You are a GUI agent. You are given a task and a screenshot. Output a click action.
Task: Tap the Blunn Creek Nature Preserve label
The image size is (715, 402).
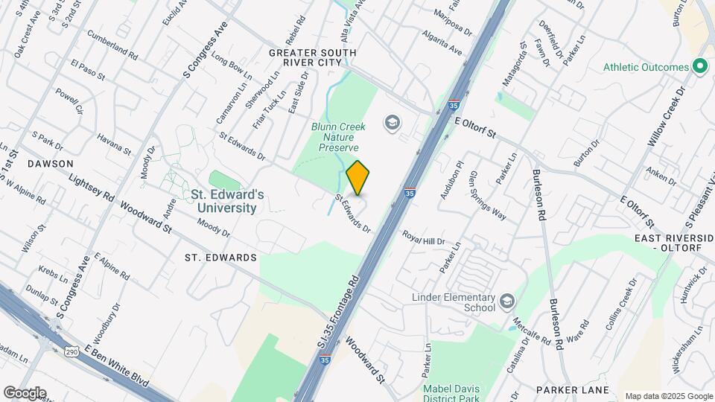tap(337, 137)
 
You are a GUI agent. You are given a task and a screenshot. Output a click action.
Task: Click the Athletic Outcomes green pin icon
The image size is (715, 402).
tap(699, 67)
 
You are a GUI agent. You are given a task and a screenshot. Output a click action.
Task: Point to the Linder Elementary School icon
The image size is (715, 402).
tap(507, 300)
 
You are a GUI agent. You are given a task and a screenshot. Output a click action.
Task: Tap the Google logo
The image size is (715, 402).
tap(25, 392)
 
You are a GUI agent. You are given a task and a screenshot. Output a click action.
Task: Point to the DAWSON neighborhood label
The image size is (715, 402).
tap(51, 163)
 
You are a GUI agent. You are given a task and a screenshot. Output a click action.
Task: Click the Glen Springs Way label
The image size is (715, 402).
tap(487, 196)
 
